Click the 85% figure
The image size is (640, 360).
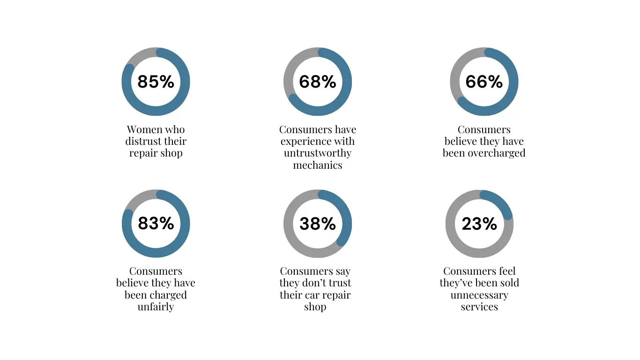coord(156,82)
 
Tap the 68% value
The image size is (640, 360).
coord(318,82)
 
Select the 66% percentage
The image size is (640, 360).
coord(484,82)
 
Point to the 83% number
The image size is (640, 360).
coord(156,224)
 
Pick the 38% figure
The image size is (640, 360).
coord(318,224)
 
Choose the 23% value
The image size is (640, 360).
coord(479,224)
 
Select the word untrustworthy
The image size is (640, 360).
coord(318,153)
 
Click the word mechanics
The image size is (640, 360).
coord(318,165)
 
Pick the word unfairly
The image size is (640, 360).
coord(156,307)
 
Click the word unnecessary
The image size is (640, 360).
coord(479,295)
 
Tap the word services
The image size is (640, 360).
coord(479,307)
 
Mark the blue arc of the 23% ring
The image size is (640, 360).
coord(499,202)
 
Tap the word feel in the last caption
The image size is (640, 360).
coord(507,271)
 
